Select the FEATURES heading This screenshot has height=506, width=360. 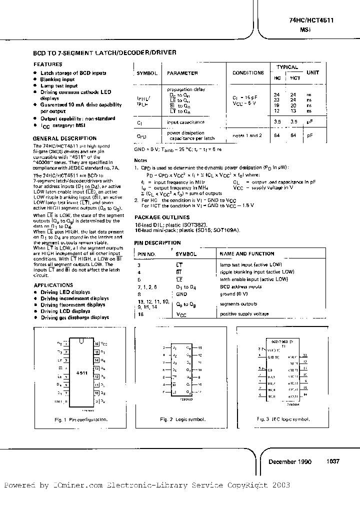pos(48,64)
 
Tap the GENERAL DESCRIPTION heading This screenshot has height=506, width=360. pos(64,138)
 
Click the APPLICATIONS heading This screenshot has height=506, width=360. pos(53,284)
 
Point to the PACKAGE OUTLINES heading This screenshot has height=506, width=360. pos(162,217)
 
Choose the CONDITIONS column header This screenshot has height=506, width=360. pos(248,73)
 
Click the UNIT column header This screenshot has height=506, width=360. pos(313,73)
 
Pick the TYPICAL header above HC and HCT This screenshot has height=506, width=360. pos(287,67)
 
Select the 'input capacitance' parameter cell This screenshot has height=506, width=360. pos(185,121)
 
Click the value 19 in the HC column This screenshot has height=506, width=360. pos(276,106)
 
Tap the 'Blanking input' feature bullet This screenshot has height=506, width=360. pos(57,79)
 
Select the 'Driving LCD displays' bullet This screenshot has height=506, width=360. pos(65,311)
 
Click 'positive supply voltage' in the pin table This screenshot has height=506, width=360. pos(244,314)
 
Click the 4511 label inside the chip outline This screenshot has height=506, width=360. pos(81,372)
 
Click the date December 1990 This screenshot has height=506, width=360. pos(289,461)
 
